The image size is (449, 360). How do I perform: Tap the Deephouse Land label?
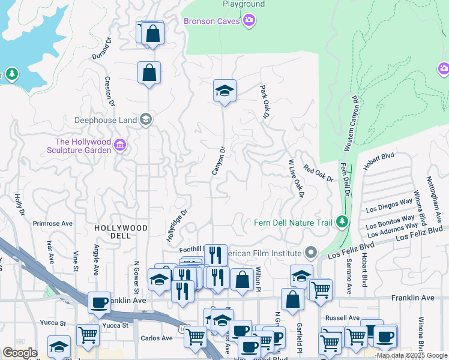[x=106, y=120]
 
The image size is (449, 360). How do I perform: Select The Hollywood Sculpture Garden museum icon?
[x=119, y=145]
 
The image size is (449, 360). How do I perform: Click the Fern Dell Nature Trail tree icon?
[x=342, y=223]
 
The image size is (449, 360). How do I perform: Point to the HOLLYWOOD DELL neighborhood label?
[x=121, y=228]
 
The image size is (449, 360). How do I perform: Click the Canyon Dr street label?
[x=218, y=161]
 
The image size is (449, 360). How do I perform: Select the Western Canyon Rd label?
[x=351, y=124]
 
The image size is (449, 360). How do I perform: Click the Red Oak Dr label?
[x=318, y=174]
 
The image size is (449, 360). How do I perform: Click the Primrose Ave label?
[x=53, y=223]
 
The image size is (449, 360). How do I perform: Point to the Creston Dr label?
[x=109, y=91]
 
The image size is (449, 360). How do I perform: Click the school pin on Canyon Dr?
[x=225, y=91]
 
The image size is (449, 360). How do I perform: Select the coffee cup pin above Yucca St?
[x=99, y=302]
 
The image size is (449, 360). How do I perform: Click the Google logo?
[x=20, y=353]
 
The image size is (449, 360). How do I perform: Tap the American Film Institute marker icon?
[x=311, y=251]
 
